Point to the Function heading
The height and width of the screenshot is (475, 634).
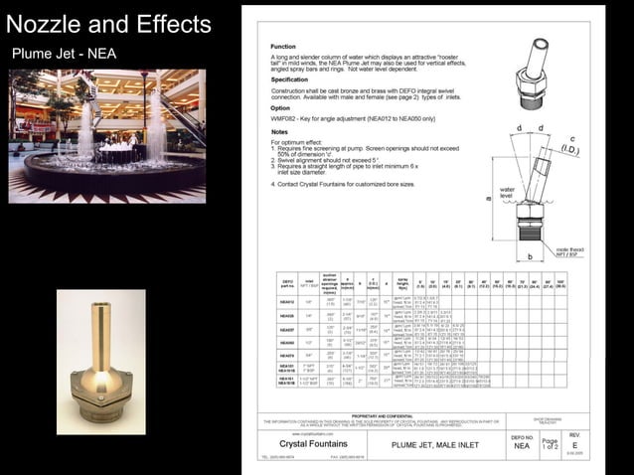283,47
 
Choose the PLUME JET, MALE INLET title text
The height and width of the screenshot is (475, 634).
437,444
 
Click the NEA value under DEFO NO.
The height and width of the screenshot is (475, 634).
522,446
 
